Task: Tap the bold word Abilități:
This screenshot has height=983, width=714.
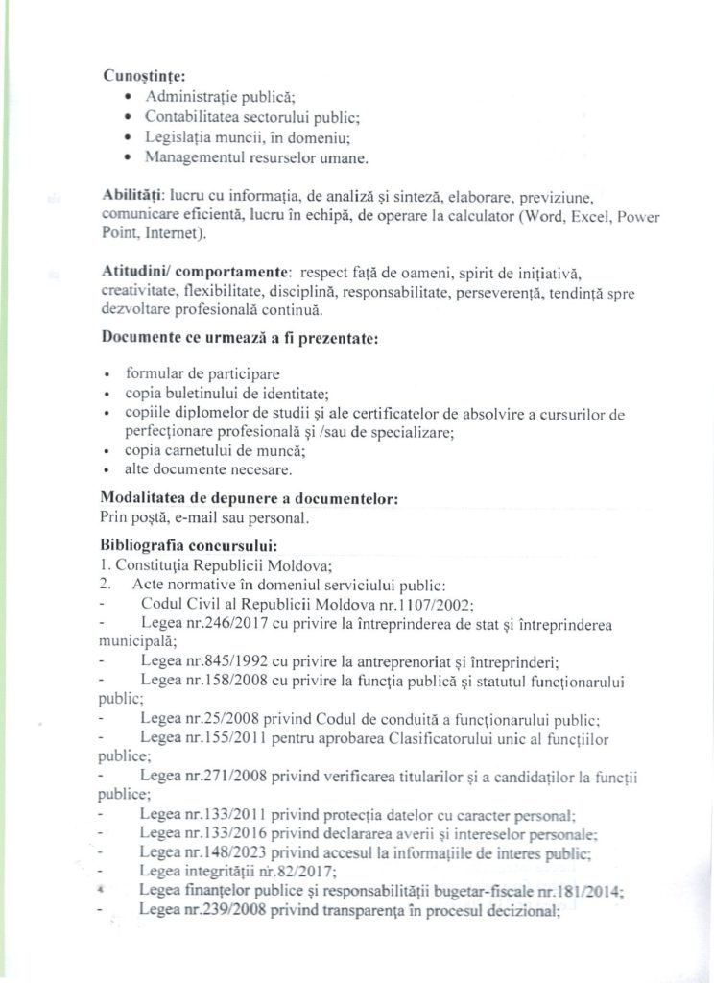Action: (x=132, y=195)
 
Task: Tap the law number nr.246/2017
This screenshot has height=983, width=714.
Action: (x=215, y=624)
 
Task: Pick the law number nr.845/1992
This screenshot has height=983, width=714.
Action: (x=215, y=661)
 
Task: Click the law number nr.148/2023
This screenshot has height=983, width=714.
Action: (x=215, y=851)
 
